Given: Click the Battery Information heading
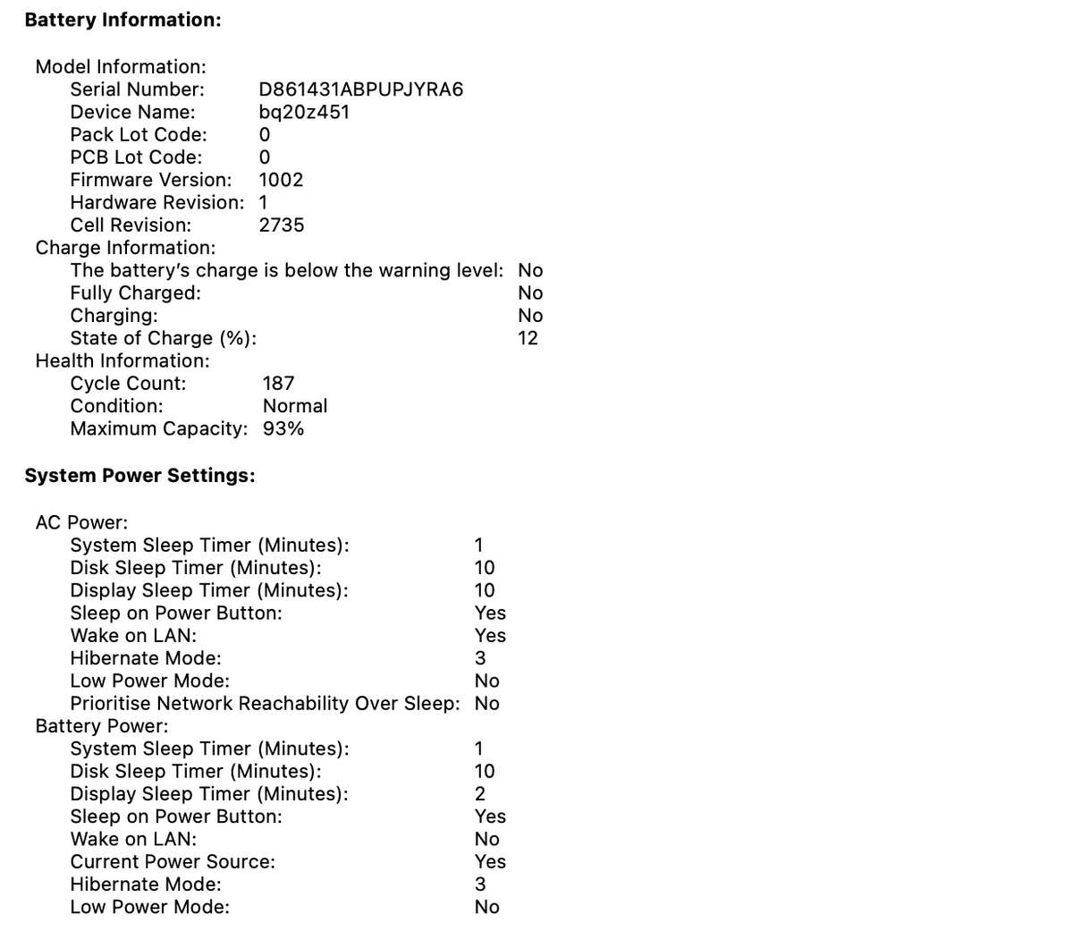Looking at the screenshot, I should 123,20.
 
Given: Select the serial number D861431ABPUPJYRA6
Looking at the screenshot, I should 360,89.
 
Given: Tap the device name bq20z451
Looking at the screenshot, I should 304,112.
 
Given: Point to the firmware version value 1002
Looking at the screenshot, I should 281,180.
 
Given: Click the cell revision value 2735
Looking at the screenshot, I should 281,225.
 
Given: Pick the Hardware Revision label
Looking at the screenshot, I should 156,202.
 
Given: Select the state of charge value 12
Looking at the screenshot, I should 528,338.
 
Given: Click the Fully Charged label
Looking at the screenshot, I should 135,292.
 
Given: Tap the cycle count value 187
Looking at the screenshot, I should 278,384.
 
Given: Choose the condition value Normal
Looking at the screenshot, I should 294,406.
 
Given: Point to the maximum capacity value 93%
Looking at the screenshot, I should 283,428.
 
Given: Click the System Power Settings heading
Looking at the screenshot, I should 139,476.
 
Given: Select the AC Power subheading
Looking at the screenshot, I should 81,522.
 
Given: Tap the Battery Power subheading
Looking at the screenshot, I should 101,726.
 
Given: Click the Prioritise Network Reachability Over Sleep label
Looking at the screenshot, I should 265,704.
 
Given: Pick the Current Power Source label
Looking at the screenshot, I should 173,862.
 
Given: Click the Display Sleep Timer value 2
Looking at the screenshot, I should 480,794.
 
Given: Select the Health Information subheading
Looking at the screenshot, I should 123,360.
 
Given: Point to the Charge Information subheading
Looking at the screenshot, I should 125,248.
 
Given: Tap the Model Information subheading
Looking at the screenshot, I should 121,67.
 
